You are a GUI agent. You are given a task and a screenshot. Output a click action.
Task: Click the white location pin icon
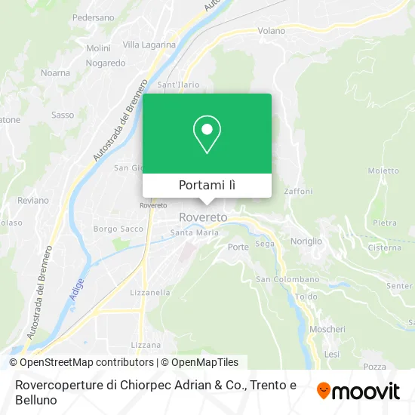(x=207, y=134)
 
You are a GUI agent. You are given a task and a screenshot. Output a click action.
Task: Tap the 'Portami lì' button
(x=207, y=185)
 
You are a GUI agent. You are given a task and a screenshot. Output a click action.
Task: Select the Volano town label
(x=272, y=31)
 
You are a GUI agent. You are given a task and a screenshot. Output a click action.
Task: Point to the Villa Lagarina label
(x=149, y=45)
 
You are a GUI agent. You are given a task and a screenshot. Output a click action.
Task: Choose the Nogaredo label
(x=106, y=63)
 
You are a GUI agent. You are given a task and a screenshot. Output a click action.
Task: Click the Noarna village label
(x=55, y=72)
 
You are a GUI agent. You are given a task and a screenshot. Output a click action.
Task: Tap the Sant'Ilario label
(x=177, y=85)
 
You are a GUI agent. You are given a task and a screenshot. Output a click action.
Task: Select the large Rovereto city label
(x=203, y=217)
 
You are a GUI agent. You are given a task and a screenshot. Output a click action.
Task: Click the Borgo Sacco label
(x=118, y=228)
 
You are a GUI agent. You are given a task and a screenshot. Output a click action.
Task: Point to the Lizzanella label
(x=149, y=292)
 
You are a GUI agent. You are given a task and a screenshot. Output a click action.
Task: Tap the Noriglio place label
(x=306, y=241)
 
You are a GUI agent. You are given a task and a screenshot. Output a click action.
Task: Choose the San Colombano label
(x=288, y=279)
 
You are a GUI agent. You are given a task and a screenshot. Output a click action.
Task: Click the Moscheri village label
(x=327, y=329)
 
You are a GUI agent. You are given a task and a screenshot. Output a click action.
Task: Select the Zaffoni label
(x=298, y=192)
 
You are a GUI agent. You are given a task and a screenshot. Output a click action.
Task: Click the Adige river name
(x=76, y=289)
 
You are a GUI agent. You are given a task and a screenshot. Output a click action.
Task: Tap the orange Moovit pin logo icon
(x=324, y=391)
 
